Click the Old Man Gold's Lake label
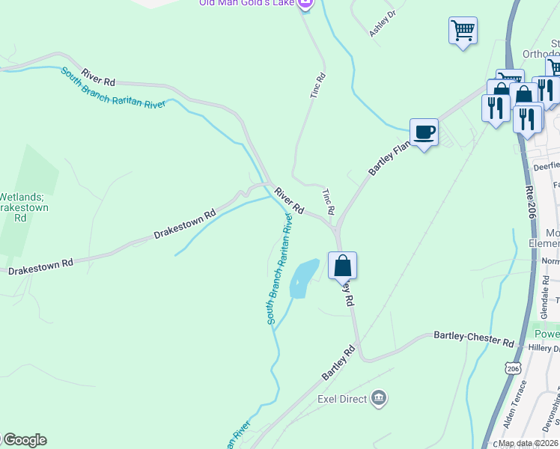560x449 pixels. click(246, 3)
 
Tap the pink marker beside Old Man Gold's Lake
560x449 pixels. click(305, 4)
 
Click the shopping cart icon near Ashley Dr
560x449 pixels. click(463, 31)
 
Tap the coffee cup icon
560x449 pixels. click(424, 132)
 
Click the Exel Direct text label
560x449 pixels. click(342, 399)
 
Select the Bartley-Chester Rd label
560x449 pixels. click(474, 338)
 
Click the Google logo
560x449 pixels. click(25, 440)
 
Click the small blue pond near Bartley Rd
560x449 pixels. click(303, 278)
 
